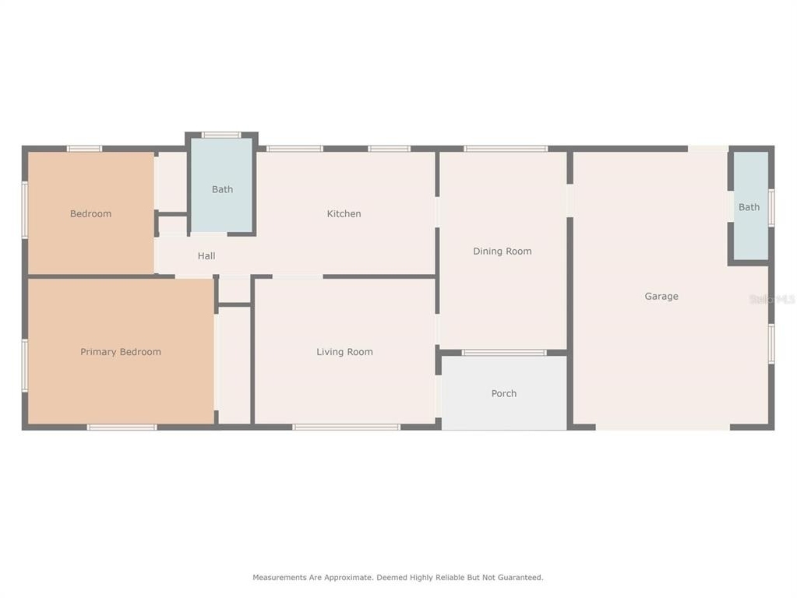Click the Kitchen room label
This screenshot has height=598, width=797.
click(344, 214)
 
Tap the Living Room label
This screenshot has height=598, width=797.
click(344, 352)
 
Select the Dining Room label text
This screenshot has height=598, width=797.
click(503, 251)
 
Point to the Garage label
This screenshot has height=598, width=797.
click(661, 296)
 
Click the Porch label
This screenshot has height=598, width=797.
click(504, 393)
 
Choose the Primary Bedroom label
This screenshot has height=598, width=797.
click(121, 352)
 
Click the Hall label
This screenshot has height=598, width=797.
click(206, 256)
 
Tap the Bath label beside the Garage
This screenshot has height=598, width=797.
click(749, 207)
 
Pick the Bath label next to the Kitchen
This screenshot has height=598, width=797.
click(222, 189)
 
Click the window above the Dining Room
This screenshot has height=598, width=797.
click(506, 149)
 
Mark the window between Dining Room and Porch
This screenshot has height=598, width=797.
click(504, 353)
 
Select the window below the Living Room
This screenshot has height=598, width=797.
click(346, 427)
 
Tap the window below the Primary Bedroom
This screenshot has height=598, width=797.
click(122, 427)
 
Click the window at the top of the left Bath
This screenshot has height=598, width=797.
click(221, 135)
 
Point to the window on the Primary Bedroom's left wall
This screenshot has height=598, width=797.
click(25, 366)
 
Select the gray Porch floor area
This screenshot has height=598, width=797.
click(504, 392)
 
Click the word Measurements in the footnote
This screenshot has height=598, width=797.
click(280, 577)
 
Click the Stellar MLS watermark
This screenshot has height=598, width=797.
click(772, 299)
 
